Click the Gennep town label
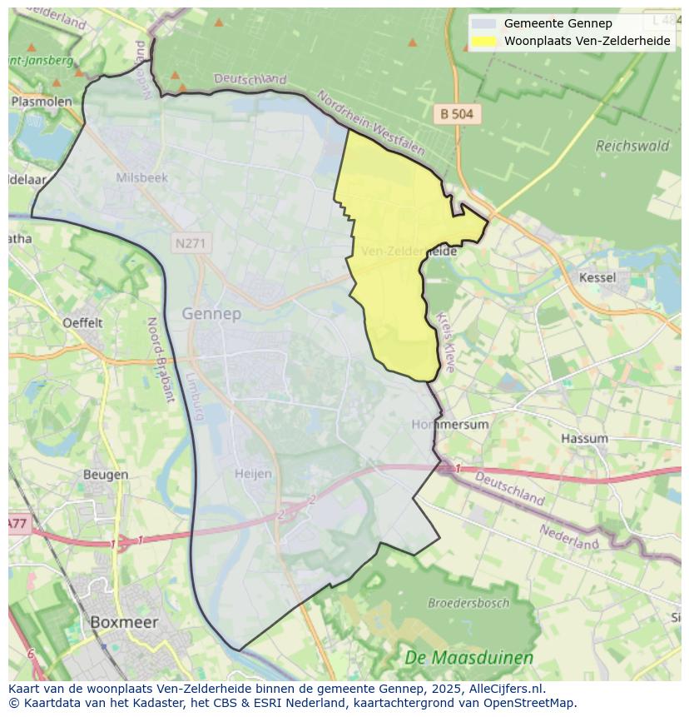[x=211, y=314]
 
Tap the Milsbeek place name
[x=141, y=177]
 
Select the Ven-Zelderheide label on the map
[x=409, y=250]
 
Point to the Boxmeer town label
[x=123, y=622]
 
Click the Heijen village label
[x=253, y=473]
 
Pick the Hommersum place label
[x=450, y=424]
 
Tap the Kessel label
[x=597, y=277]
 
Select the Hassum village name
[x=584, y=438]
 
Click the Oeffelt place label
[x=82, y=322]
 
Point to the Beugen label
[x=106, y=475]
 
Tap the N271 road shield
[x=193, y=244]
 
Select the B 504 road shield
[x=458, y=115]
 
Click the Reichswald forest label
[x=632, y=146]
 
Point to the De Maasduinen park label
[x=468, y=658]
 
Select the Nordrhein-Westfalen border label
[x=370, y=124]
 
